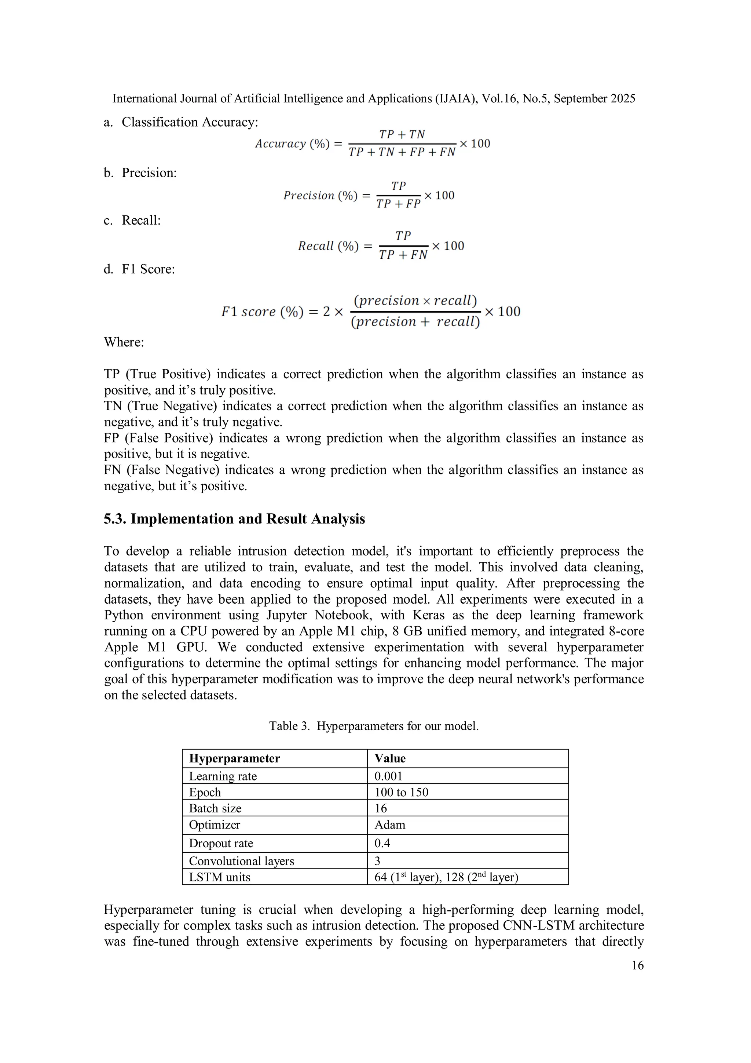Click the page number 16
(x=637, y=965)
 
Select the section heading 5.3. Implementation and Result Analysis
(x=234, y=518)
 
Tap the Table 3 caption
(x=374, y=725)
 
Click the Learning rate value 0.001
(x=388, y=776)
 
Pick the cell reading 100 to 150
(x=401, y=792)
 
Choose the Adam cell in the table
(x=389, y=824)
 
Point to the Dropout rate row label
(x=221, y=843)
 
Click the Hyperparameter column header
(x=235, y=758)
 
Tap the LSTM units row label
(x=219, y=877)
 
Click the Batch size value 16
(x=380, y=808)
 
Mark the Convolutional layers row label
(x=242, y=861)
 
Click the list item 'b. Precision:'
(x=140, y=173)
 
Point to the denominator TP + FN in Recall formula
(x=403, y=255)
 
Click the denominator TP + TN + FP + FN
(x=402, y=152)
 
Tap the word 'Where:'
(x=124, y=342)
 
